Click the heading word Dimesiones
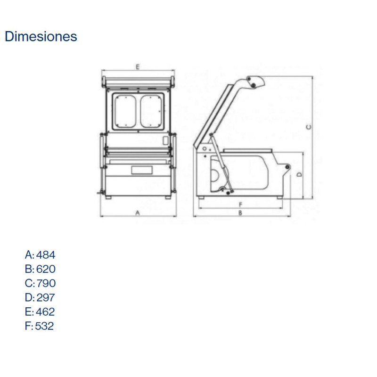click(x=41, y=36)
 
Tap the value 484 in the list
click(x=46, y=255)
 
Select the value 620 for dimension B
click(x=46, y=269)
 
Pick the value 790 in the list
click(x=46, y=283)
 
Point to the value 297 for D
click(x=46, y=297)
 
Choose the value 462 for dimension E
click(x=45, y=311)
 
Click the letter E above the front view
click(x=137, y=66)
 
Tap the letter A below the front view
click(x=138, y=213)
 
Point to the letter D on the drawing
click(x=299, y=174)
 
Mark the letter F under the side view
click(x=240, y=205)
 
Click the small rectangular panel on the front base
click(x=139, y=170)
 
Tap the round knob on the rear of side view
click(x=286, y=168)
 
